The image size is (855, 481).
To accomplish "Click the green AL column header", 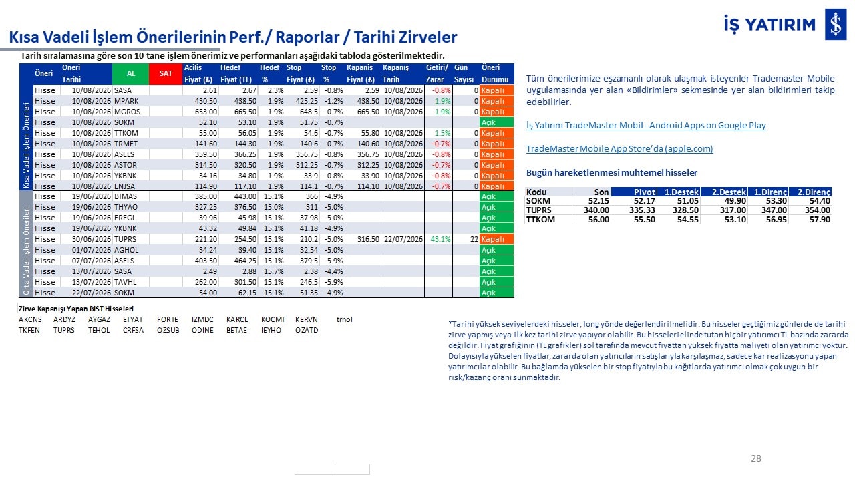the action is point(130,73).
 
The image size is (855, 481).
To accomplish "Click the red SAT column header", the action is point(166,73).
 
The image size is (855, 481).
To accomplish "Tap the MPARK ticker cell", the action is point(126,101).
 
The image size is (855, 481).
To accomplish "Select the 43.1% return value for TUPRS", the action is point(440,239).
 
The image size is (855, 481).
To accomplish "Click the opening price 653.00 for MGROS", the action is point(206,112).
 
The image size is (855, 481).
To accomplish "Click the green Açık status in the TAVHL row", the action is point(496,282).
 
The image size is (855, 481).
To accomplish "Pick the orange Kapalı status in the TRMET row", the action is point(496,144).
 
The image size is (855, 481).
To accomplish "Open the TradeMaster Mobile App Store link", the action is point(619,148).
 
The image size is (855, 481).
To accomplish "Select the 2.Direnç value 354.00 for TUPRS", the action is point(817,210).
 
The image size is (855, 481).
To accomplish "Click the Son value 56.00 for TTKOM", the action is point(598,220).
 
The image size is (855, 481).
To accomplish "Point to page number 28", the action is point(755,458).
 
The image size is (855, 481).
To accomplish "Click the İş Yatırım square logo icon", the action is point(836,25).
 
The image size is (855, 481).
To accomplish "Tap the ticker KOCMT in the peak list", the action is point(273,319).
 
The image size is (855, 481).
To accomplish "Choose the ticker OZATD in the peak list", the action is point(307,330).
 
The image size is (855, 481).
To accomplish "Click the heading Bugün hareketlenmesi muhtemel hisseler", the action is point(611,172).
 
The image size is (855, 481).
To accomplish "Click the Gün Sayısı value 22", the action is point(474,239).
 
